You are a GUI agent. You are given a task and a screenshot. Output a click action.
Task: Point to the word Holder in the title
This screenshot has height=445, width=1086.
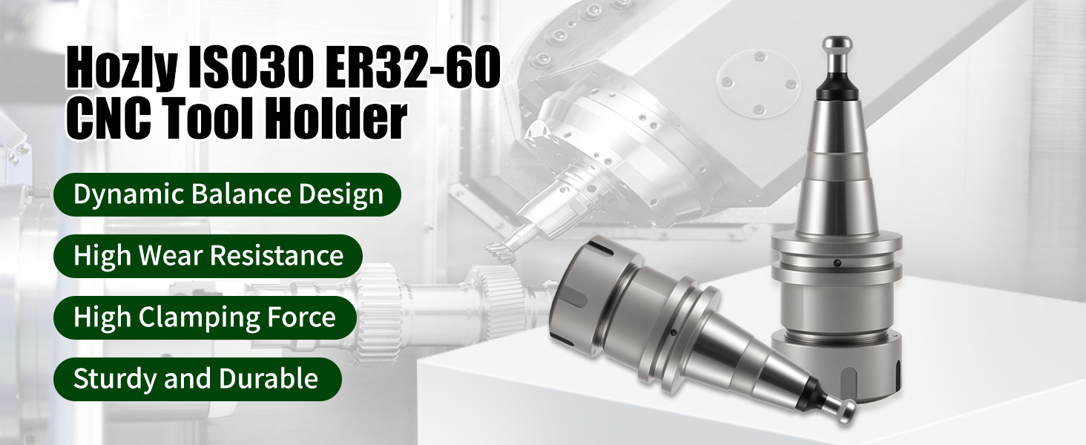(338, 116)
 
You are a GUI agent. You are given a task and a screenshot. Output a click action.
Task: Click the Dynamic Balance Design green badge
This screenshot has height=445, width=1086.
(227, 194)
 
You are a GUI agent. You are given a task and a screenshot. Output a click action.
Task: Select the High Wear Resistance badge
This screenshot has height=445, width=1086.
(208, 256)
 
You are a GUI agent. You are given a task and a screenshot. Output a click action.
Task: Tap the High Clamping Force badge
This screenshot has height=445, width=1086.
(205, 317)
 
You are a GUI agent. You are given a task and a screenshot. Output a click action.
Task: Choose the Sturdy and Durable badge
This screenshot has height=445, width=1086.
(197, 379)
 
